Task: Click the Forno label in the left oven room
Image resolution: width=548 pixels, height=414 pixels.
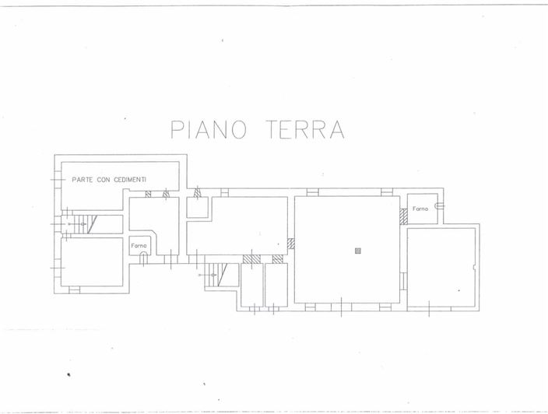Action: coord(139,246)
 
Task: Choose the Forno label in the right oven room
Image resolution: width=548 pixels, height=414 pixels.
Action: coord(420,209)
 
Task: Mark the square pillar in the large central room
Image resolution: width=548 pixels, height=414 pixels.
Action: coord(357,251)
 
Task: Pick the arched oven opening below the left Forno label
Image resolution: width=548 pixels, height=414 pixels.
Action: coord(143,258)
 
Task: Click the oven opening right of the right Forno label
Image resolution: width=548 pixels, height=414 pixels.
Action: coord(440,205)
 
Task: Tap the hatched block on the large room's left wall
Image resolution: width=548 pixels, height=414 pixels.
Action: coord(291,243)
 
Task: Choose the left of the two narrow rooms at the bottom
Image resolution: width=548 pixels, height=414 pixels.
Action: coord(251,285)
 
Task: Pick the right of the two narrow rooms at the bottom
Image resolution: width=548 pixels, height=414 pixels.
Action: coord(276,285)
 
